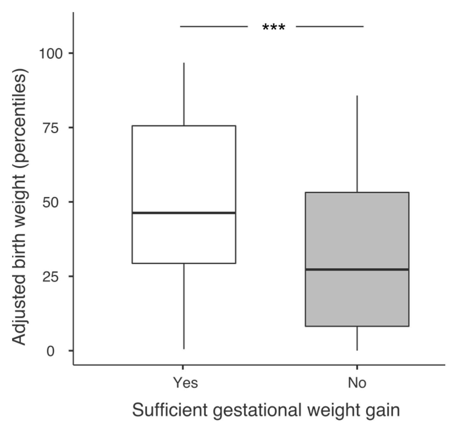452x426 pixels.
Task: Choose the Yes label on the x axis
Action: tap(185, 383)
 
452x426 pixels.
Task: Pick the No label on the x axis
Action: tap(357, 383)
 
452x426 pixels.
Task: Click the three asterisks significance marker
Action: tap(274, 28)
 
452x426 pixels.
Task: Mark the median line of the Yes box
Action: tap(184, 213)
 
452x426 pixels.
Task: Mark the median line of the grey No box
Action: tap(357, 269)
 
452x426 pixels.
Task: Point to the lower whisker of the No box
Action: tap(357, 338)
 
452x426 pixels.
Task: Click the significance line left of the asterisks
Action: tap(214, 26)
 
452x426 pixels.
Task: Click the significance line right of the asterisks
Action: tap(330, 26)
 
